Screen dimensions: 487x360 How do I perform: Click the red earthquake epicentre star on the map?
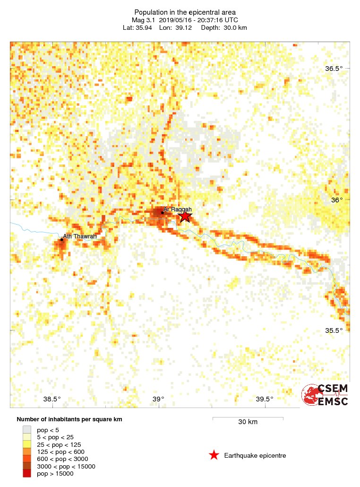[185, 216]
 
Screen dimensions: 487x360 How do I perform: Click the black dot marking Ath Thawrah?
[61, 240]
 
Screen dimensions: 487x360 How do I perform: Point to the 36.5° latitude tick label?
[334, 69]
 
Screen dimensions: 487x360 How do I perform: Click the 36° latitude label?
[337, 200]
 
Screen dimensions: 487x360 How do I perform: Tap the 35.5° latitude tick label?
[334, 330]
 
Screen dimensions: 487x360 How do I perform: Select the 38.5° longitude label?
[51, 399]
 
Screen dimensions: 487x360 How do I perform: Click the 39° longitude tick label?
[158, 399]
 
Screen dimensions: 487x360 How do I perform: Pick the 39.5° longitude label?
[265, 399]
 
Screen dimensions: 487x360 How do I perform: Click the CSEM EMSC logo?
[326, 395]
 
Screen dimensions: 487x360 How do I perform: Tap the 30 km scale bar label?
[248, 422]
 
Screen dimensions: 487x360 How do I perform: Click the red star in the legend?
[214, 455]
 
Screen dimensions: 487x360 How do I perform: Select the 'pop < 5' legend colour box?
[27, 430]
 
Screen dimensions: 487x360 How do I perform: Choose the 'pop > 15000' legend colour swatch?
[27, 474]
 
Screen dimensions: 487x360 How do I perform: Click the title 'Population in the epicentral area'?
[185, 12]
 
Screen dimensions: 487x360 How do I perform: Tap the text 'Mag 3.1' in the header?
[143, 20]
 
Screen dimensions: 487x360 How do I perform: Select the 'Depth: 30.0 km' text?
[223, 27]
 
